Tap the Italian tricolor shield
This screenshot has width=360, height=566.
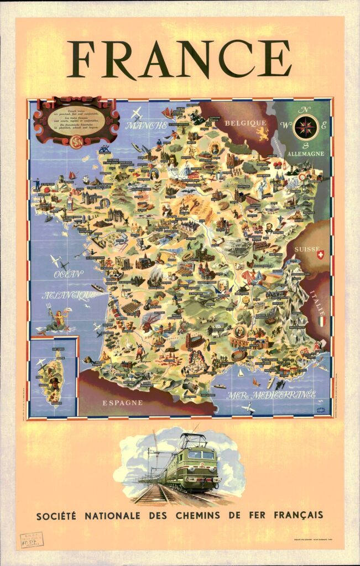coord(320,320)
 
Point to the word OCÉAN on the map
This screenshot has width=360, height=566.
coord(68,274)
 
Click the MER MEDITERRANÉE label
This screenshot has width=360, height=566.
coord(272,395)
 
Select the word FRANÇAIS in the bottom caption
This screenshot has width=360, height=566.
coord(296,516)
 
